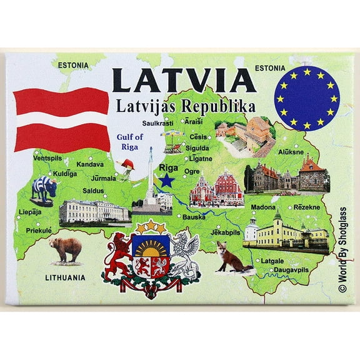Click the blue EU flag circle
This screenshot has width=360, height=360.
coord(306,98)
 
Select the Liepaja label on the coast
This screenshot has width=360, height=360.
coord(30,212)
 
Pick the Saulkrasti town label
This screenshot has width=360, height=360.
coord(157,123)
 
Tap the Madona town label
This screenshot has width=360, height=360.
coord(263,207)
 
